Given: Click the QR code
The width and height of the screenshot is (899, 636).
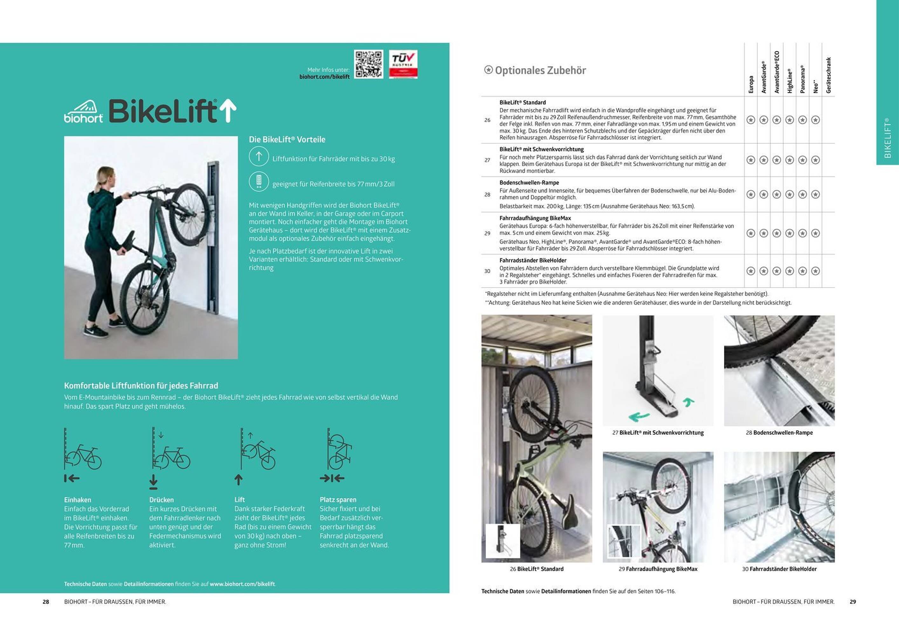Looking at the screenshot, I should (x=368, y=64).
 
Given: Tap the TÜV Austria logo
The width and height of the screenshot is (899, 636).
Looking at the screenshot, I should (x=403, y=64).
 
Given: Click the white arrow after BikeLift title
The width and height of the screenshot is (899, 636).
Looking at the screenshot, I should (x=228, y=110).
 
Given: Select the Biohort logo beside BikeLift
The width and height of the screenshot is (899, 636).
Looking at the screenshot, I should (x=83, y=112).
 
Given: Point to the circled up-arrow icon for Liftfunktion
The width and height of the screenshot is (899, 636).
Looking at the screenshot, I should (x=258, y=156).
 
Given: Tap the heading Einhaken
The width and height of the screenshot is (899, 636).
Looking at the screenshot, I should (x=78, y=500).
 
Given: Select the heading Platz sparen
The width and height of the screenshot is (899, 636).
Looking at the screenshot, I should (x=338, y=500).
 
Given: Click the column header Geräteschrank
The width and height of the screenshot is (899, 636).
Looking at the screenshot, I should (x=828, y=75).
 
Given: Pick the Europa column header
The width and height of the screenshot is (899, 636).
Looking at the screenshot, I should (x=751, y=84).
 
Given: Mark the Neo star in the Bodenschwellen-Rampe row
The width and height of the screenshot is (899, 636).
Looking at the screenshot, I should (x=815, y=194).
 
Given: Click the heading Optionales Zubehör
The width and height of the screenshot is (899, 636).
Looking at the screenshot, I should (x=540, y=71).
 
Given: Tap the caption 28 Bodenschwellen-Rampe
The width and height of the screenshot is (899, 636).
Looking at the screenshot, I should (x=779, y=433).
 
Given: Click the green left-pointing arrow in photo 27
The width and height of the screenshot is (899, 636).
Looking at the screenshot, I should (x=639, y=417).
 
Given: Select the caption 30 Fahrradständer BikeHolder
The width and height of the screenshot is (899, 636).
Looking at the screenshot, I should (x=779, y=569).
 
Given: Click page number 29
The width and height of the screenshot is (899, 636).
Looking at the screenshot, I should (x=853, y=602).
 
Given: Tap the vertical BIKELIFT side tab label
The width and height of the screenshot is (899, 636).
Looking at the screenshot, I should (x=887, y=138).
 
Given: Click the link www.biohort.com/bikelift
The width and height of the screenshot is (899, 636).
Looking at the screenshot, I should (x=242, y=584).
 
